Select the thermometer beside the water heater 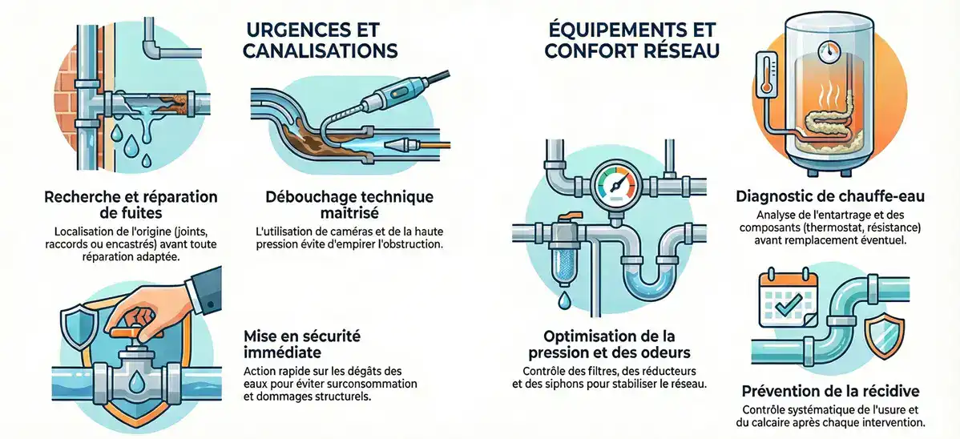764,87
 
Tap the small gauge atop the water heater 825,50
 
